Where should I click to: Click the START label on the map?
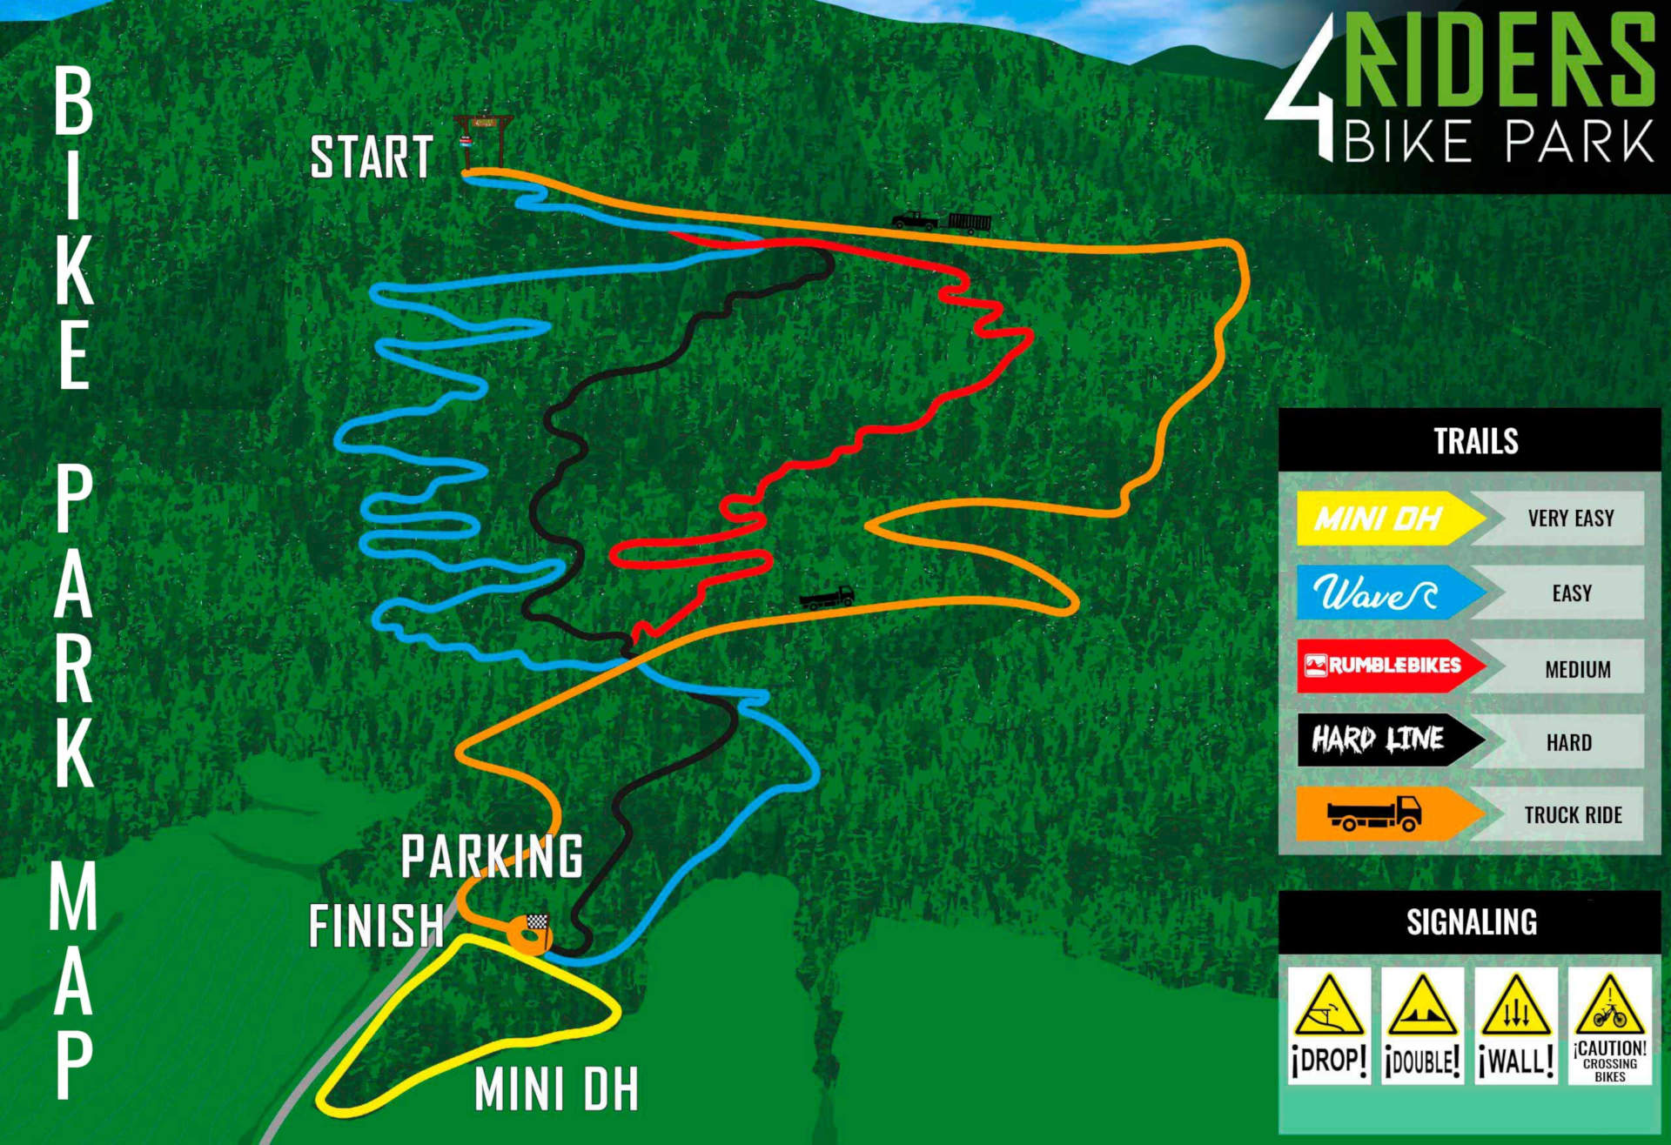point(372,157)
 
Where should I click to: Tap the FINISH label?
point(376,925)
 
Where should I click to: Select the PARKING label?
point(492,857)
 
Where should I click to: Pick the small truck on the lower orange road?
point(827,597)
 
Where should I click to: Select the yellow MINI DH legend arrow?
point(1388,519)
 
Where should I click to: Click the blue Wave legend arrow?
point(1388,593)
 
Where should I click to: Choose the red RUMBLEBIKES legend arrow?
point(1388,666)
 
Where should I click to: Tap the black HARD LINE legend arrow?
point(1388,740)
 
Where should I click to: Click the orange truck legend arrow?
point(1388,814)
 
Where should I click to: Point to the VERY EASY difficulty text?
point(1571,519)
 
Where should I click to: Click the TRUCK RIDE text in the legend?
point(1573,815)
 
